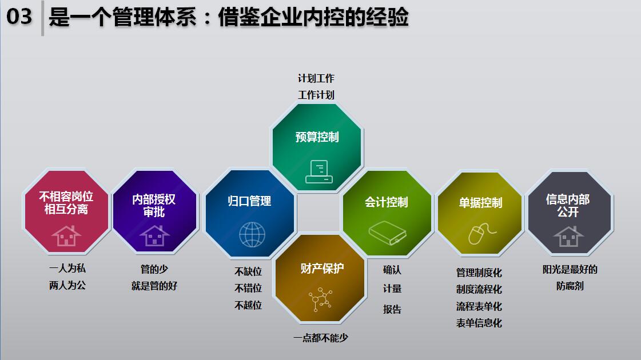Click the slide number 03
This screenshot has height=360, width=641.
[19, 17]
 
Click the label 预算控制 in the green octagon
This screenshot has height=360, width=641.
[317, 137]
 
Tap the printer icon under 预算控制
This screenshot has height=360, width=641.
[319, 171]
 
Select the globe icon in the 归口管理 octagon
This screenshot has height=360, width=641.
[252, 234]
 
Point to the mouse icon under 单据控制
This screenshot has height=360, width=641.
[481, 234]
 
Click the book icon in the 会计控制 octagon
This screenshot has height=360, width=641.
[388, 233]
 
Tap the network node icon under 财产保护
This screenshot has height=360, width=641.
[320, 299]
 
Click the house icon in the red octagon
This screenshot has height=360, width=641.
[66, 236]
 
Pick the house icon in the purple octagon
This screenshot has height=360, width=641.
[154, 235]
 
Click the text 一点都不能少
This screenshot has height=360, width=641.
[320, 338]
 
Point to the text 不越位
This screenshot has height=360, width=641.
[248, 305]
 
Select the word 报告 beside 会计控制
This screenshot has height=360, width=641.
[392, 309]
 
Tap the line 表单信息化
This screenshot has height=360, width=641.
[479, 323]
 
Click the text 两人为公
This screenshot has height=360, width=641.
[67, 285]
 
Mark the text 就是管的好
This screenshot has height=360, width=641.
[154, 286]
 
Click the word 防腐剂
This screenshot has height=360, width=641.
[570, 286]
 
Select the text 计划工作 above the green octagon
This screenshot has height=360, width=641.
[316, 78]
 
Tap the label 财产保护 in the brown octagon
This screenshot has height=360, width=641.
[322, 269]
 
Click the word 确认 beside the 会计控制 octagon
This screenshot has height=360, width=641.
[392, 270]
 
